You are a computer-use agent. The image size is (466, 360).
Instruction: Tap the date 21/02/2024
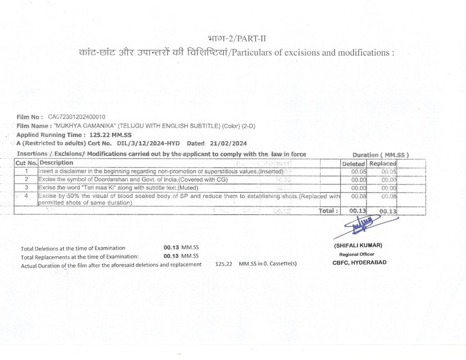click(229, 143)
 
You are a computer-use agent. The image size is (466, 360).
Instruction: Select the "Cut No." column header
click(27, 163)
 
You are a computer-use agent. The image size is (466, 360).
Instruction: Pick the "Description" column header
click(56, 163)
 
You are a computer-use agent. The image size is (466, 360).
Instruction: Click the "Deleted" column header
click(353, 164)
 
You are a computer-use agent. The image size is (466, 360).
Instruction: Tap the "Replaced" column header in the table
click(383, 164)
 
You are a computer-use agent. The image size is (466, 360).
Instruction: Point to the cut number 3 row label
click(27, 187)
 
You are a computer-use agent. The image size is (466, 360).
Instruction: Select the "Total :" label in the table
click(328, 211)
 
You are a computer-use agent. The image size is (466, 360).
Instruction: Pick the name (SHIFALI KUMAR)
click(358, 245)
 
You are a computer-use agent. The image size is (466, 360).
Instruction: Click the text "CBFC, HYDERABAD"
click(359, 262)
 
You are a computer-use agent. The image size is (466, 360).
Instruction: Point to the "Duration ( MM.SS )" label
click(380, 155)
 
